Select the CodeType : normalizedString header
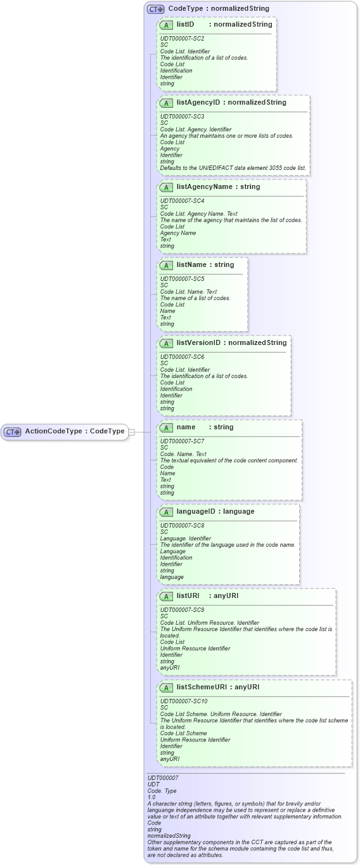[x=219, y=9]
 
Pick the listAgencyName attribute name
[x=205, y=187]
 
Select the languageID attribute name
[x=197, y=512]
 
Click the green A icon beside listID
[x=166, y=25]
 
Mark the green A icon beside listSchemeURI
[x=166, y=687]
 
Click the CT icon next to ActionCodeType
[x=13, y=431]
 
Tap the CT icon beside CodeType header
[x=155, y=9]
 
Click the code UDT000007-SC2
[x=183, y=39]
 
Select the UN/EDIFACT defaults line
[x=233, y=168]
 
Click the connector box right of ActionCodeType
[x=131, y=431]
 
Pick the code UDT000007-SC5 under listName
[x=183, y=278]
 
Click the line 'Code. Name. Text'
[x=183, y=454]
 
